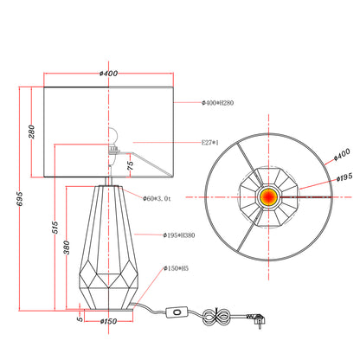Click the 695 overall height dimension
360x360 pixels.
(19, 199)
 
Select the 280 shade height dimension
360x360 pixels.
(31, 132)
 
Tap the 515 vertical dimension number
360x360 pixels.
(55, 228)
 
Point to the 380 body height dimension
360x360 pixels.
(67, 247)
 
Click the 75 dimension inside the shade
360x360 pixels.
(130, 165)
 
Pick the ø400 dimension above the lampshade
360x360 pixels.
(108, 74)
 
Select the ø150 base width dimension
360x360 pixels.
(108, 321)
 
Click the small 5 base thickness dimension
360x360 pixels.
(80, 319)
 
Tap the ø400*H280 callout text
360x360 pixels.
(217, 103)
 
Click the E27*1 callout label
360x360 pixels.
(210, 142)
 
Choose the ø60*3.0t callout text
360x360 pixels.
(157, 198)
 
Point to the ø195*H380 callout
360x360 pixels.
(179, 235)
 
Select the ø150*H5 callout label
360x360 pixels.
(176, 268)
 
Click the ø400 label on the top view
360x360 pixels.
(342, 155)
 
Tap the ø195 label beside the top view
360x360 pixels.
(344, 177)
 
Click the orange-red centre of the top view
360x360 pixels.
(268, 196)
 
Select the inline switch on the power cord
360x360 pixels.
(177, 312)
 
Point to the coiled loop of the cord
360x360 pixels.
(216, 317)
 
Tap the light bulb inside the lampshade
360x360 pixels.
(113, 135)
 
